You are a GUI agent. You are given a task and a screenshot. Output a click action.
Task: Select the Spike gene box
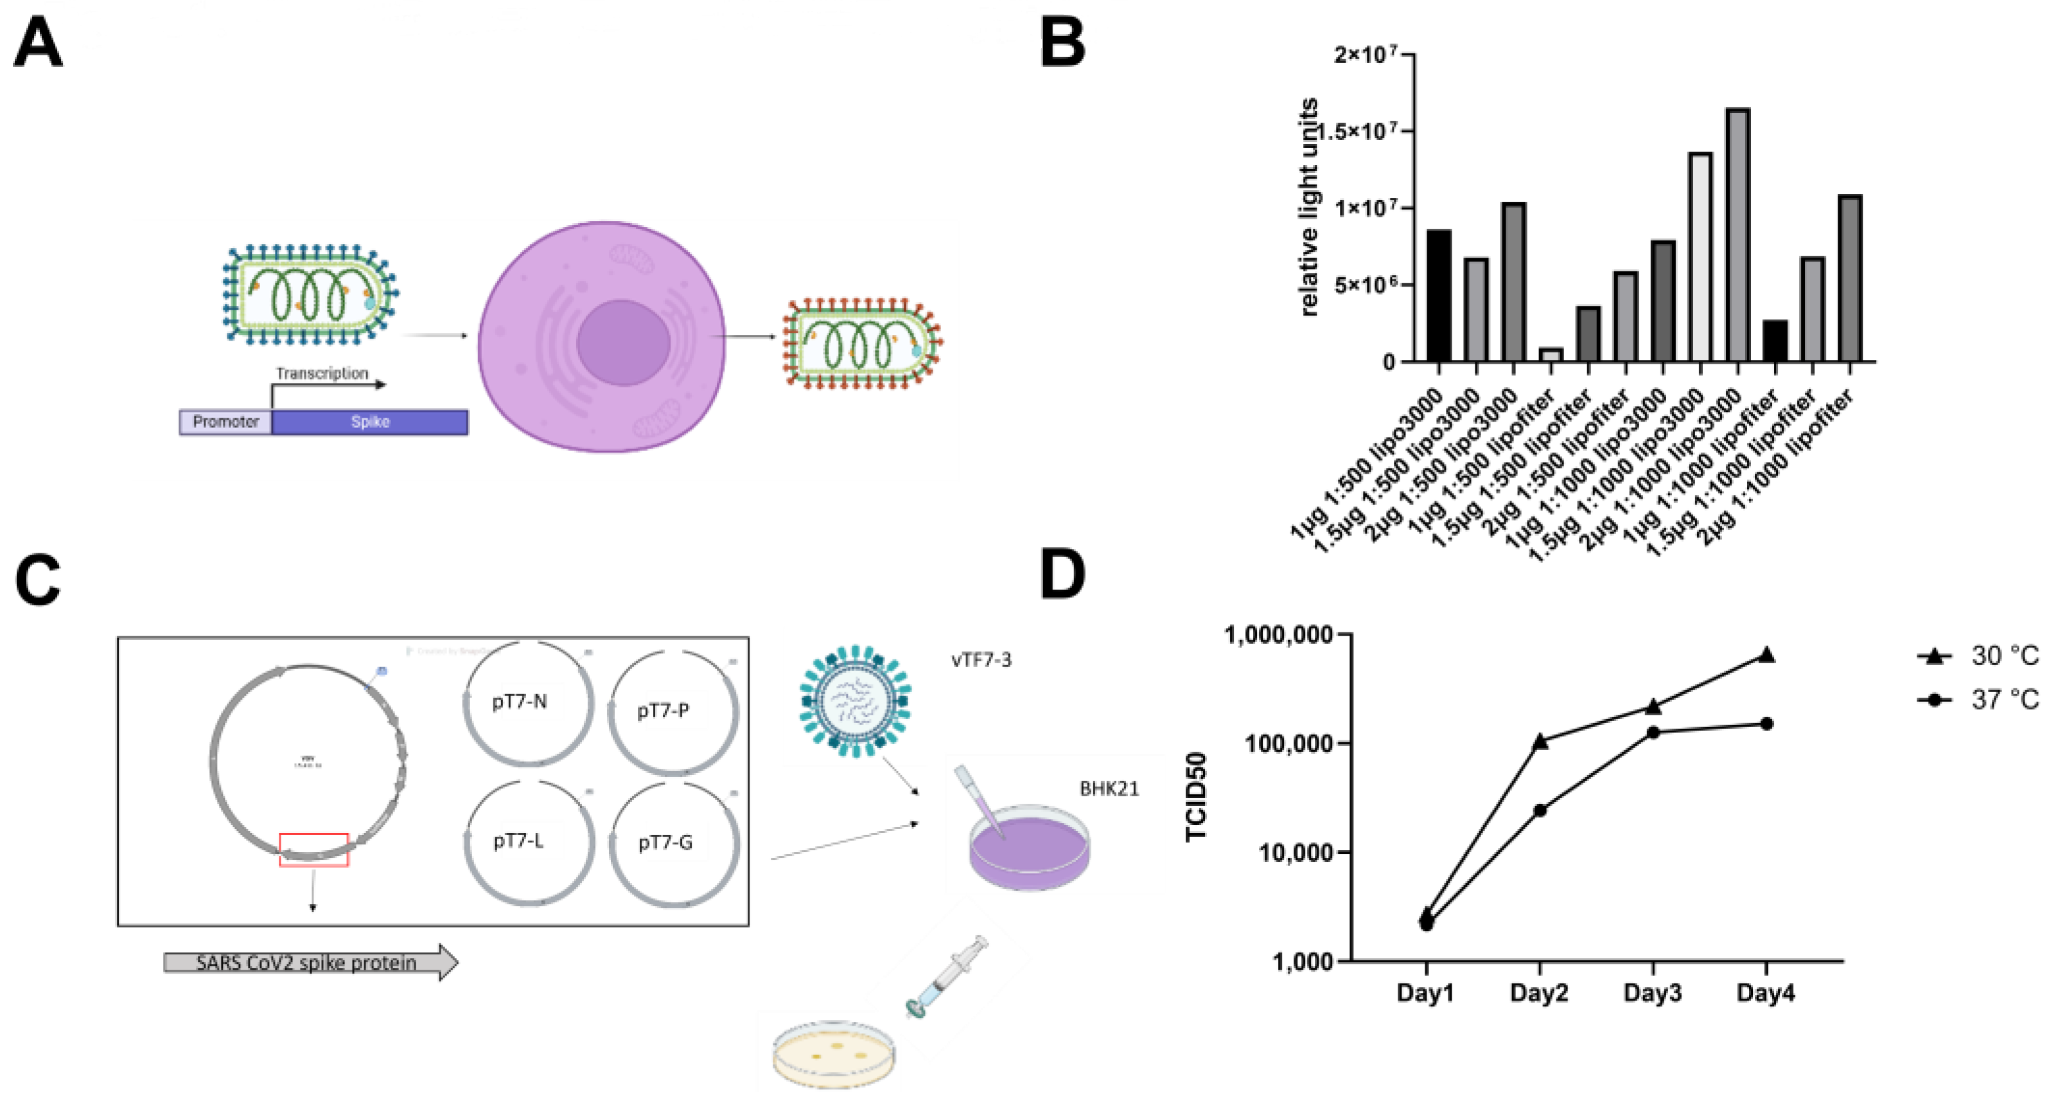click(x=370, y=422)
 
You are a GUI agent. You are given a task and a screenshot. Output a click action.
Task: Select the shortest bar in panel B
click(x=1551, y=355)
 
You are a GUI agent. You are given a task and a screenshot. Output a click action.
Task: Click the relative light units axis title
click(x=1308, y=207)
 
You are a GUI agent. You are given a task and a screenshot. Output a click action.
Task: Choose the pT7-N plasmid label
click(x=520, y=702)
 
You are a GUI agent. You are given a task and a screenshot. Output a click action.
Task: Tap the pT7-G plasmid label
click(x=665, y=842)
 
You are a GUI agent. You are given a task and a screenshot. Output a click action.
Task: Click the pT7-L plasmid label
click(x=518, y=840)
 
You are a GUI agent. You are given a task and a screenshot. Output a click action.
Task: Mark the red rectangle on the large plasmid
click(x=313, y=849)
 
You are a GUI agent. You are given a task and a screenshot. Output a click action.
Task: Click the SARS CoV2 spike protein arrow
click(x=310, y=963)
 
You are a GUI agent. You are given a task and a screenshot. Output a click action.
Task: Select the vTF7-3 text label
click(x=981, y=659)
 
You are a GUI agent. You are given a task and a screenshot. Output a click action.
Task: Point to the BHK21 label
click(x=1109, y=789)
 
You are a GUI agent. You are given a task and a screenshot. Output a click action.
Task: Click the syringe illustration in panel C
click(x=947, y=976)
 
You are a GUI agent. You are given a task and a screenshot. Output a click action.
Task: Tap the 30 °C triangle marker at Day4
click(x=1766, y=655)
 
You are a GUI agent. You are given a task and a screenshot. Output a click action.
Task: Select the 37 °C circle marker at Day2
click(x=1540, y=810)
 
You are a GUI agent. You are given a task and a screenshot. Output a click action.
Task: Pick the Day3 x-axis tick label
click(x=1652, y=993)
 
